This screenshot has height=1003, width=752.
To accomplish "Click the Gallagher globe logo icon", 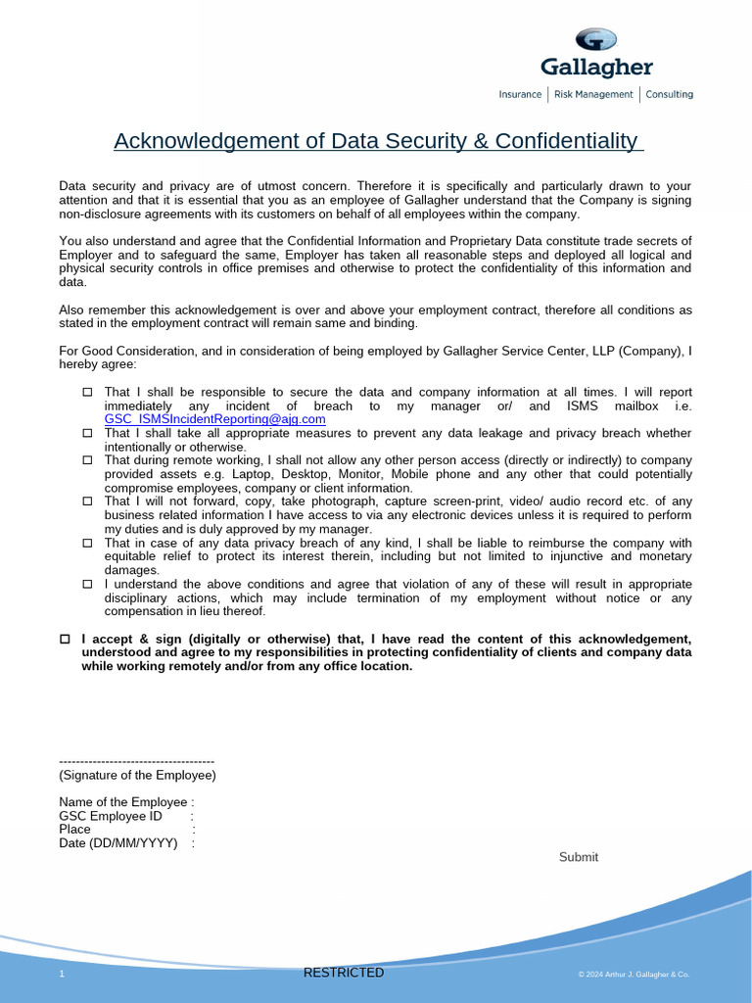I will (x=595, y=39).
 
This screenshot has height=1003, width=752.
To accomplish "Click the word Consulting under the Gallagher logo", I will (x=669, y=95).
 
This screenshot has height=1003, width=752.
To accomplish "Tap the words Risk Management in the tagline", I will (x=593, y=95).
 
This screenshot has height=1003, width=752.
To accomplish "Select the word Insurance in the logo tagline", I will (x=520, y=95).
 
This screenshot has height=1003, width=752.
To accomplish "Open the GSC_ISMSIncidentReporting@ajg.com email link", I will (x=214, y=419).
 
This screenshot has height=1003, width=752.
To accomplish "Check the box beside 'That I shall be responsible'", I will (x=86, y=392).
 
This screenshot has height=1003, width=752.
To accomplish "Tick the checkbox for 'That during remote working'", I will (x=86, y=459).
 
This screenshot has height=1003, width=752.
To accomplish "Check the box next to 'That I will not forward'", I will (x=86, y=501).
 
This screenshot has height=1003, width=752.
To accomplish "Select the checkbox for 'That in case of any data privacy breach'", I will (x=86, y=543).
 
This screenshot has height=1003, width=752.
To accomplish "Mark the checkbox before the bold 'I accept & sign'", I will (x=65, y=639).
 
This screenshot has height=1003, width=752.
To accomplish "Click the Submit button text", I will (x=578, y=857).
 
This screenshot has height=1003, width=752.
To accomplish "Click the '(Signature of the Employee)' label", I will (x=137, y=775).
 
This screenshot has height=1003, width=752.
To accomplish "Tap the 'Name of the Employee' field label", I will (x=122, y=802).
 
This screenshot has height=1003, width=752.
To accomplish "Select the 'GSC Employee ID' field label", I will (x=111, y=816).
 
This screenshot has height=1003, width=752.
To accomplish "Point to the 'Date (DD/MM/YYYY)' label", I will (x=118, y=843).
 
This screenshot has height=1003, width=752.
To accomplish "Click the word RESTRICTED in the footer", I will (x=344, y=973).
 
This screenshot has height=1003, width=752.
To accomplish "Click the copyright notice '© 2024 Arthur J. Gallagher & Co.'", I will (x=634, y=975).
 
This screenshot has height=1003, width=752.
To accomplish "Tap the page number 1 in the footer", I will (x=62, y=975).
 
